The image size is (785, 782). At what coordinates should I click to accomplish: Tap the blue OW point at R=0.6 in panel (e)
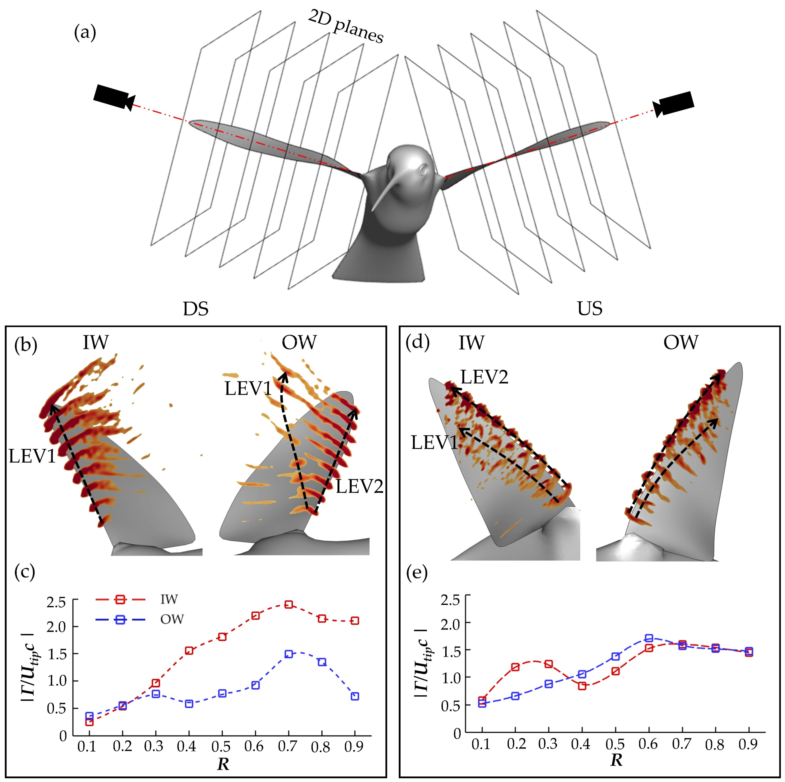(649, 638)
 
